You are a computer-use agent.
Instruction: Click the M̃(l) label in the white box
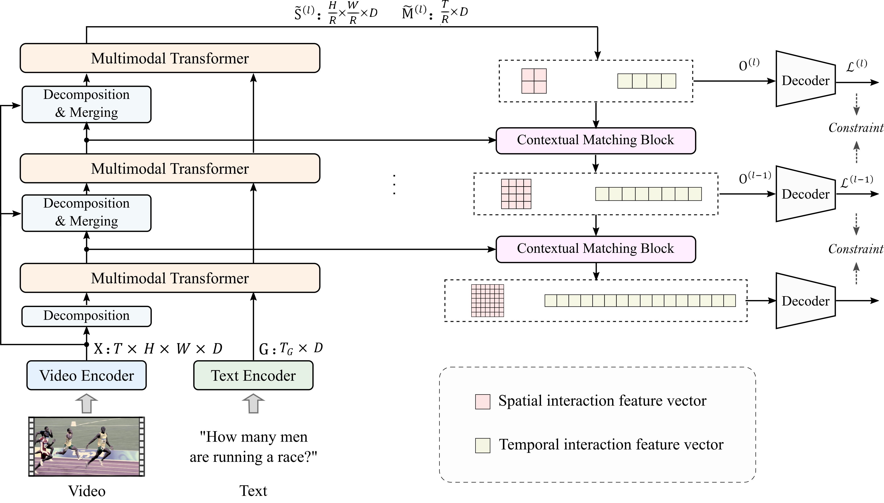pos(413,13)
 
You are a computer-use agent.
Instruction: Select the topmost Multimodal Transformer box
pos(170,58)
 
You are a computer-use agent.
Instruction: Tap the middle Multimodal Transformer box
pos(170,168)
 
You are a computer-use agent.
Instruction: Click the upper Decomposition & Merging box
pos(86,104)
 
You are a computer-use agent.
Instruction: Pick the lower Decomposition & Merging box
pos(86,213)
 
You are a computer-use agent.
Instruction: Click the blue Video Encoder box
pos(86,375)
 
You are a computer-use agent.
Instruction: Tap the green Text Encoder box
pos(253,375)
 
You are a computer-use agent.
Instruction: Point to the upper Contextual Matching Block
pos(596,141)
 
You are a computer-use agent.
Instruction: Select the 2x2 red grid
pos(534,81)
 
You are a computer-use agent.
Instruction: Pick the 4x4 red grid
pos(516,194)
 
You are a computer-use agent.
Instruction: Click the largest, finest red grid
pos(487,301)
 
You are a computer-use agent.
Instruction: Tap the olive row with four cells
pos(646,81)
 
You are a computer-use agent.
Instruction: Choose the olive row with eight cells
pos(648,194)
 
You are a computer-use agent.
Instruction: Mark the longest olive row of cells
pos(640,301)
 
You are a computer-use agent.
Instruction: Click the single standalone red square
pos(482,402)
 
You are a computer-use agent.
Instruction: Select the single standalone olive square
pos(482,445)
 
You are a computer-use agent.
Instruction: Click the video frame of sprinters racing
pos(86,446)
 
